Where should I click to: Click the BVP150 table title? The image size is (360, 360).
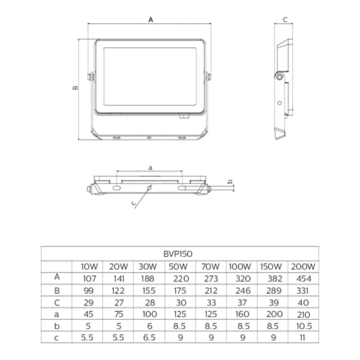pyautogui.click(x=178, y=254)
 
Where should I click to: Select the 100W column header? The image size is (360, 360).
pyautogui.click(x=240, y=266)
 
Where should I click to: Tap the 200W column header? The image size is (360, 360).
pyautogui.click(x=303, y=266)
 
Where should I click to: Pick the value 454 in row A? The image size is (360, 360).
pyautogui.click(x=303, y=279)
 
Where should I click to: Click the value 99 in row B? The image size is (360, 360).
pyautogui.click(x=88, y=291)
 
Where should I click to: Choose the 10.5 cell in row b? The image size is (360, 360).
pyautogui.click(x=304, y=326)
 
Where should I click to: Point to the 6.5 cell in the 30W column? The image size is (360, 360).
pyautogui.click(x=149, y=337)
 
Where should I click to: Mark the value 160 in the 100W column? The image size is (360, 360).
pyautogui.click(x=242, y=314)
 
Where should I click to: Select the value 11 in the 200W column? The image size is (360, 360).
pyautogui.click(x=302, y=337)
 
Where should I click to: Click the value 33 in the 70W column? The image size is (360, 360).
pyautogui.click(x=211, y=302)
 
